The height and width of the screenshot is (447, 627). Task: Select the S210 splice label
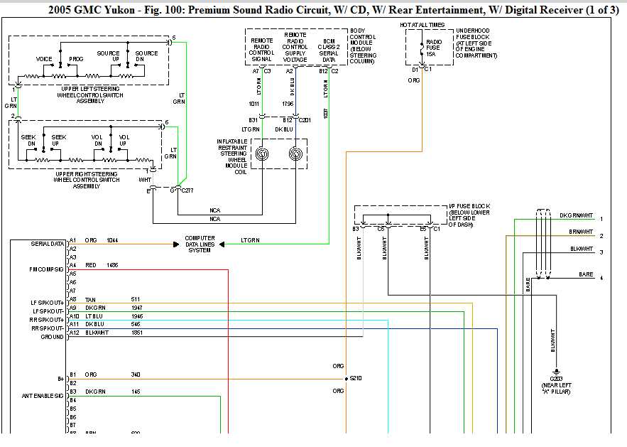356,379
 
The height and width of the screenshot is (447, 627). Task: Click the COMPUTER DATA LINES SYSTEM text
200,244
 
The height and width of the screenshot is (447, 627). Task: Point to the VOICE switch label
44,58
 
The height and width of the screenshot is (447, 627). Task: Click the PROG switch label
77,58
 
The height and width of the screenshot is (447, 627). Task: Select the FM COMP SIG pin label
48,269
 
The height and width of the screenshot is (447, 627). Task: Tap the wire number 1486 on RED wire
112,264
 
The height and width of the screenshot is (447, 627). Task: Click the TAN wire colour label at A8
90,300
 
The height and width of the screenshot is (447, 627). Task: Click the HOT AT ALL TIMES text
422,25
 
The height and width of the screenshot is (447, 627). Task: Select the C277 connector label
187,190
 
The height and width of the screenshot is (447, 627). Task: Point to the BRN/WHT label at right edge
580,232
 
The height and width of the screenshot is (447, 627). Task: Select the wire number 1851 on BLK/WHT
137,333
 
